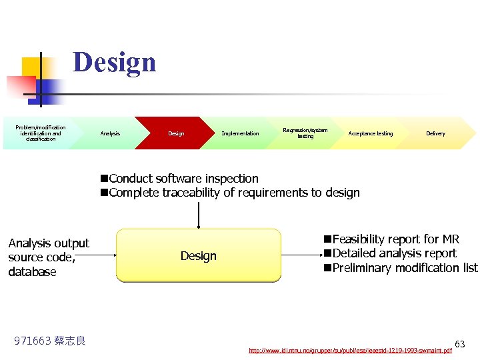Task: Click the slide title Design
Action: point(114,63)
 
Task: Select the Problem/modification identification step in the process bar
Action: point(41,133)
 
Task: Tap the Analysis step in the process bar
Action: point(110,133)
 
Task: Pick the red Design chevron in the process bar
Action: point(176,133)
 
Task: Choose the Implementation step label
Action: point(240,133)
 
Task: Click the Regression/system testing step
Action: point(305,133)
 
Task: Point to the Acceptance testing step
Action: point(371,133)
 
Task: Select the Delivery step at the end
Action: point(435,133)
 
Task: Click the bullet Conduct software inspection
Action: point(183,179)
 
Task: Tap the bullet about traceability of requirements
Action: point(233,193)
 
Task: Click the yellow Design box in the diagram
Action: point(199,256)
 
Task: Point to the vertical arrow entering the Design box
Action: point(199,215)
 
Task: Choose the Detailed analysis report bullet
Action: point(394,253)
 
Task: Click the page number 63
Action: point(460,344)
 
